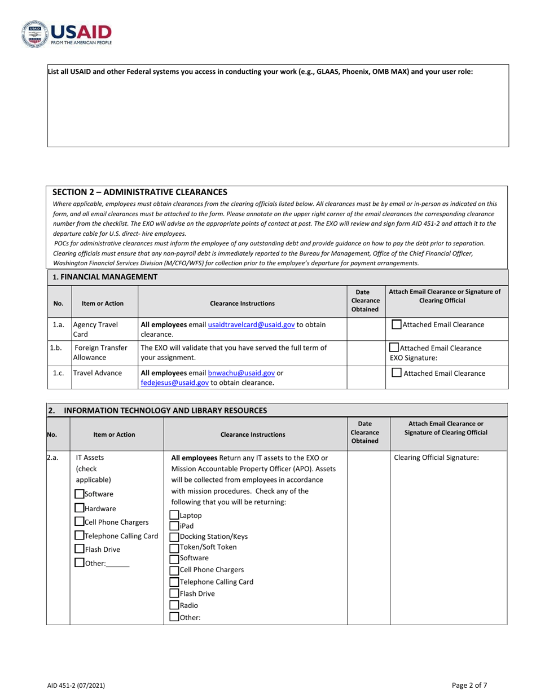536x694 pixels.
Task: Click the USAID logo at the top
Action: point(67,34)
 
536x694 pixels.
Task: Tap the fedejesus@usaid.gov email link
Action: point(175,383)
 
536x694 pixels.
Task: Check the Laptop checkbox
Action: point(174,515)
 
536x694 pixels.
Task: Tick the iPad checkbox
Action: point(174,526)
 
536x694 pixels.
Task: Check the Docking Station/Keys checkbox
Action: point(174,537)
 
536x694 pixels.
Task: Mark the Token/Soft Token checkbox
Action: point(174,547)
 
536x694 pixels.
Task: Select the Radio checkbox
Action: point(174,605)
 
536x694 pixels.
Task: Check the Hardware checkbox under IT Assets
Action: point(80,508)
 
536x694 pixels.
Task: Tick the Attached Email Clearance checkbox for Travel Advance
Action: point(397,373)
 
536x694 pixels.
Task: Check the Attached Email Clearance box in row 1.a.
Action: point(397,324)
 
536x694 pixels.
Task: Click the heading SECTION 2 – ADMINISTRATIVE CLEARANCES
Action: point(140,192)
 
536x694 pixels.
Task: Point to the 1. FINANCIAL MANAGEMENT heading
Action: point(105,277)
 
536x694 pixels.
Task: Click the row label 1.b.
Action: point(56,348)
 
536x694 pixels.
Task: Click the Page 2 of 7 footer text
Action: point(469,686)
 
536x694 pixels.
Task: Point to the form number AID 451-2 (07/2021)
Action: point(76,686)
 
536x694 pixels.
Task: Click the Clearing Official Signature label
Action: point(436,458)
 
